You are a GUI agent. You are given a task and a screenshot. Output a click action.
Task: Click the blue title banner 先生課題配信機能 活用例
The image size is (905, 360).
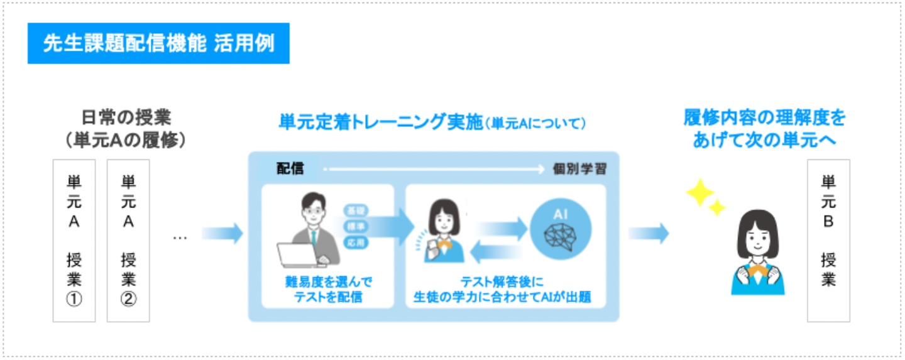pos(158,43)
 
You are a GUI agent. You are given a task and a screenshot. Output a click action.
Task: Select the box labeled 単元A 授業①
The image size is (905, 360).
pos(74,241)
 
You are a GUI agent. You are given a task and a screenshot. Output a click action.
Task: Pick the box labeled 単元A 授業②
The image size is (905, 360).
pos(128,241)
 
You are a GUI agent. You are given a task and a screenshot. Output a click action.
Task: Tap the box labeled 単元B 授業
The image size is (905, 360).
pos(828,241)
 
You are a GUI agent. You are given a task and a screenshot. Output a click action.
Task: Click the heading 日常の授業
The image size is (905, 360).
pos(126,117)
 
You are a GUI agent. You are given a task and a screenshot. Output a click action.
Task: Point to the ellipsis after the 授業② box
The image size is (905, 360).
pos(180,237)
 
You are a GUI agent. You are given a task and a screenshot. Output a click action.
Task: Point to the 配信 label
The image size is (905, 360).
pos(289,168)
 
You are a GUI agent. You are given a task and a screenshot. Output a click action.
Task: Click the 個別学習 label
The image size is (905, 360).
pos(579,169)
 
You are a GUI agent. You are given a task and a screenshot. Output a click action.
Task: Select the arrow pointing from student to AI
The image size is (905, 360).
pos(500,227)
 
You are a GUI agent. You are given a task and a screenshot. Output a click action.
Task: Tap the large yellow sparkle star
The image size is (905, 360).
pos(698,192)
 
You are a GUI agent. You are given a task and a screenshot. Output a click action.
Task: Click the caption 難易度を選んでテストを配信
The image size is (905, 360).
pos(327,289)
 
